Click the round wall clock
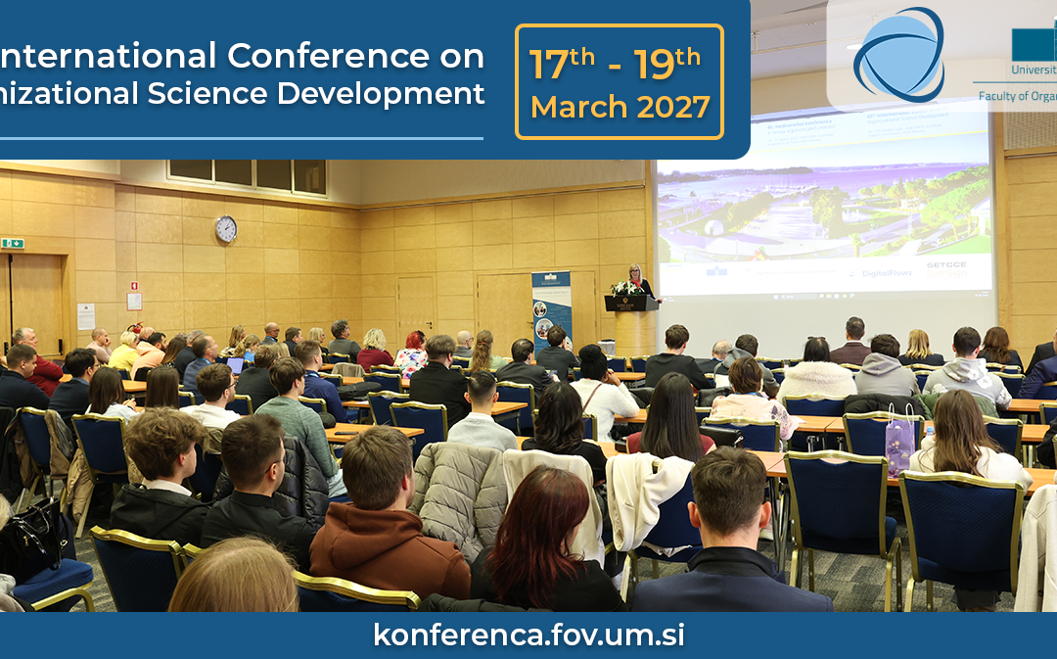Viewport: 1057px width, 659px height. pos(226,229)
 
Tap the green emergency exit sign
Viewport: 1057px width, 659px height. pos(13,243)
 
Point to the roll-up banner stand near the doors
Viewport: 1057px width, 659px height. pos(550,308)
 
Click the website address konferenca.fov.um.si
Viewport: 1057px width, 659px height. pos(528,635)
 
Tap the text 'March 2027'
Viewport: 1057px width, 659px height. pos(620,107)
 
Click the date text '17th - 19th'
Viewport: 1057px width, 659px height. pos(615,64)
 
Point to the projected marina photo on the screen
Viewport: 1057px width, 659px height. pos(822,211)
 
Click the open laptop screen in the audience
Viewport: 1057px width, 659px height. pos(235,365)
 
